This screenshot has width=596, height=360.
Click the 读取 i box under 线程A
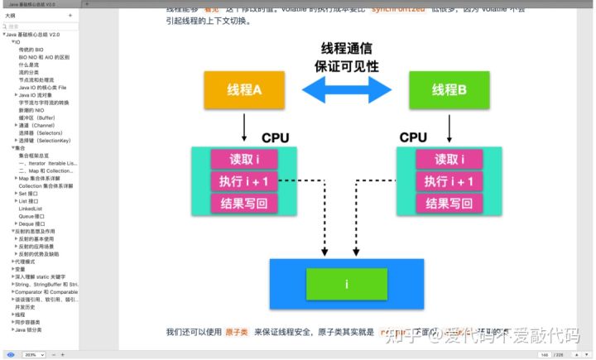[243, 160]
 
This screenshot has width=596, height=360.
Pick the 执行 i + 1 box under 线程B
[449, 181]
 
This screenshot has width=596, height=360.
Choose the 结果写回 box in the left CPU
[243, 202]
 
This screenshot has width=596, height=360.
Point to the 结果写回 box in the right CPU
[449, 202]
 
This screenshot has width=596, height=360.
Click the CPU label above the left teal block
[275, 137]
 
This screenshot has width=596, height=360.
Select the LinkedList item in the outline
[31, 209]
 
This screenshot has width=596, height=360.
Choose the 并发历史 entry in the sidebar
[26, 306]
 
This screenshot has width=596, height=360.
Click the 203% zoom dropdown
[31, 354]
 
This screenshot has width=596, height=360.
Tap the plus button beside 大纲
[70, 16]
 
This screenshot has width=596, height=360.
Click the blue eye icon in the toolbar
[10, 354]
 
